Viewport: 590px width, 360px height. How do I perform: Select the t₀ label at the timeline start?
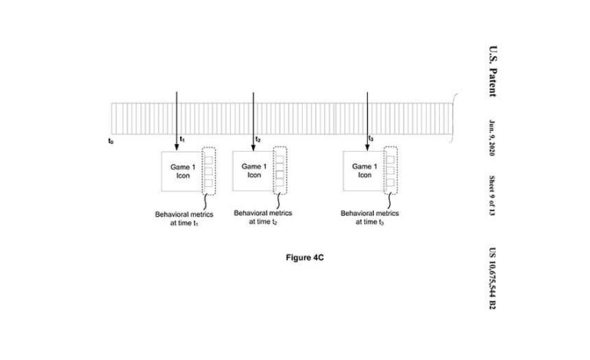[111, 141]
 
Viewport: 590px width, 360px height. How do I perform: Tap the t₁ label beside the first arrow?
[182, 139]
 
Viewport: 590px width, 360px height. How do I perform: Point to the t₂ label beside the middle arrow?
[258, 139]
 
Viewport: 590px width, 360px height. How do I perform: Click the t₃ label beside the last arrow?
[372, 139]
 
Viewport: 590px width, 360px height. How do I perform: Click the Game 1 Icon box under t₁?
[179, 171]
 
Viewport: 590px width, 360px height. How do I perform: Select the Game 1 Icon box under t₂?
[254, 169]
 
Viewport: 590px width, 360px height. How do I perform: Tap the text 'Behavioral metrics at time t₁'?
[185, 218]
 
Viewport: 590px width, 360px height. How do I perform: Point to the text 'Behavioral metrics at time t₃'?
[369, 218]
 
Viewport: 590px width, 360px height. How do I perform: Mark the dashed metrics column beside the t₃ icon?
[390, 169]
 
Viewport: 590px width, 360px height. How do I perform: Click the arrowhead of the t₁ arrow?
[177, 148]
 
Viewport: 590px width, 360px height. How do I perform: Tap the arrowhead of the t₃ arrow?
[367, 148]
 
